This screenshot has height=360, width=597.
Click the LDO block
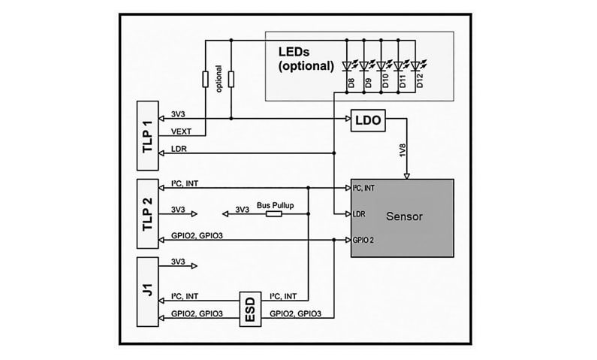tap(367, 119)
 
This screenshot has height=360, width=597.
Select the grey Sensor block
tap(404, 217)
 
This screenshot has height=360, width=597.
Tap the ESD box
tap(249, 307)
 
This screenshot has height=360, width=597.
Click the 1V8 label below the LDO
tap(403, 150)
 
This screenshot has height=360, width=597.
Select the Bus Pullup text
tap(274, 204)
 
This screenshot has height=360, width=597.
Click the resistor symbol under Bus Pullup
tap(274, 214)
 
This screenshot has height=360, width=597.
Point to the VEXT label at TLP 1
tap(181, 131)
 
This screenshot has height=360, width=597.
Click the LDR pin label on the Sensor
tap(360, 214)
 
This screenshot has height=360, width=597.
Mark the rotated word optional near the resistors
tap(219, 79)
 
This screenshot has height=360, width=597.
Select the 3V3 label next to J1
tap(179, 262)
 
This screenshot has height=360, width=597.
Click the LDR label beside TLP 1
tap(179, 148)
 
